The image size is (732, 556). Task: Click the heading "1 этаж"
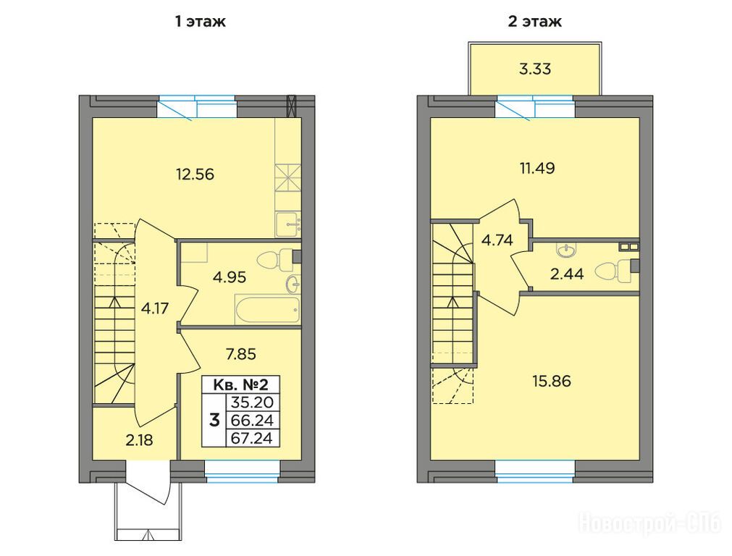201,22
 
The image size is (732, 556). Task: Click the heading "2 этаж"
534,22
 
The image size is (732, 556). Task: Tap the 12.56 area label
195,174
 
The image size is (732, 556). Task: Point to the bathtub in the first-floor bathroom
267,308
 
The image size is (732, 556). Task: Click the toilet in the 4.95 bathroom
274,261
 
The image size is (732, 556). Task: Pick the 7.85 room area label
241,354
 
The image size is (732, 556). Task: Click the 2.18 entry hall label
140,439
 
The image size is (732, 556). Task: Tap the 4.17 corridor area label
154,308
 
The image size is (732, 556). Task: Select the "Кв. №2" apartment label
241,384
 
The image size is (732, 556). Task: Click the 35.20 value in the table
253,402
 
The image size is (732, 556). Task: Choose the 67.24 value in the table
253,439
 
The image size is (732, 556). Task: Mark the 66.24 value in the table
253,420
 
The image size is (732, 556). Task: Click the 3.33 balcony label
535,69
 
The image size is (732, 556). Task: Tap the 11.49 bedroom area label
537,167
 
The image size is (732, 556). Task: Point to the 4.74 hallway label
497,240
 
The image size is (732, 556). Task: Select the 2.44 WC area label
567,274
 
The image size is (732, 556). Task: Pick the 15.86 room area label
552,382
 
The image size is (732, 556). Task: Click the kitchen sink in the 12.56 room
287,224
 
